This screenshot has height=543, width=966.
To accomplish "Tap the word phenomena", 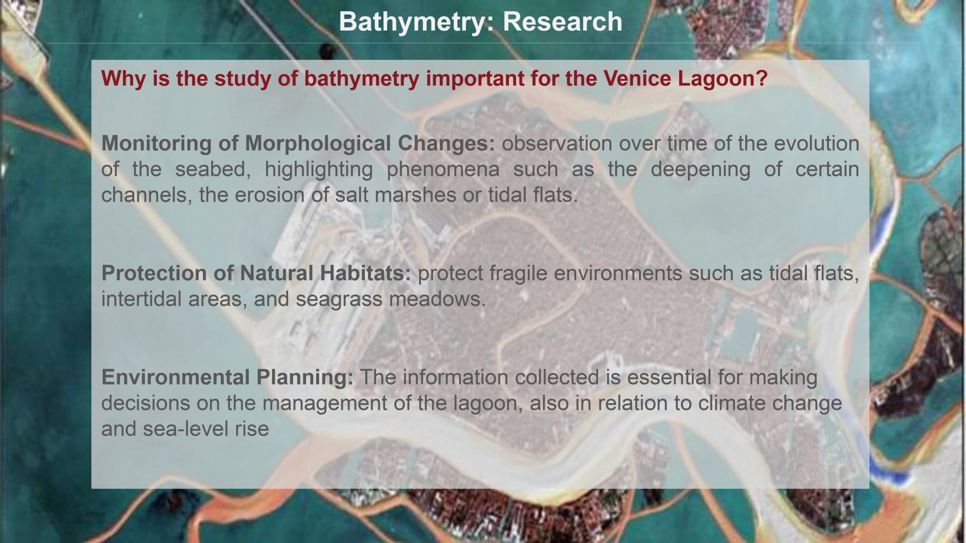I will pyautogui.click(x=443, y=169).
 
